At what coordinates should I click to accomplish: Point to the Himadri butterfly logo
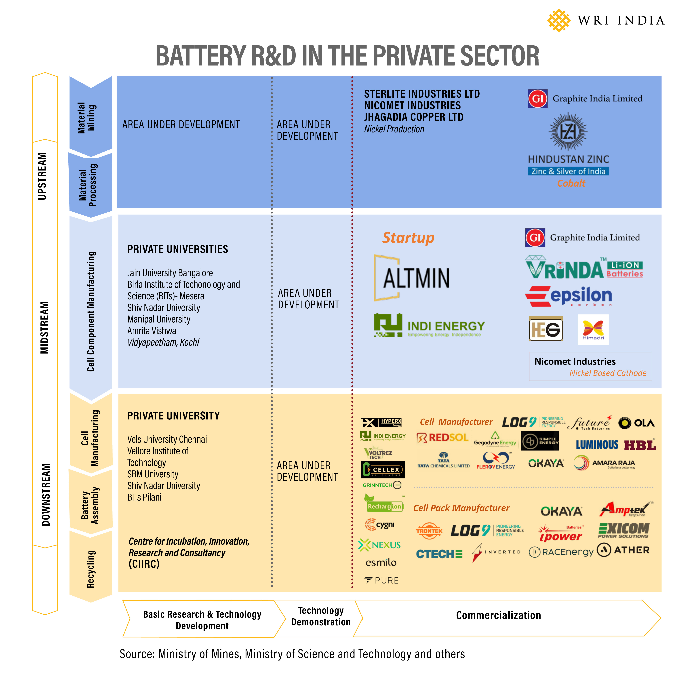(593, 330)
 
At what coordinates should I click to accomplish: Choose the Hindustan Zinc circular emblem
(568, 132)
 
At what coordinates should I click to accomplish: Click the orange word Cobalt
(571, 183)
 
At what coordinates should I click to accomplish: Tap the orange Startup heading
(408, 238)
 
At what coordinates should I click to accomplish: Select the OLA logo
(636, 423)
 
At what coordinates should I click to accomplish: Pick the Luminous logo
(597, 445)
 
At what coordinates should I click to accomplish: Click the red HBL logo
(640, 445)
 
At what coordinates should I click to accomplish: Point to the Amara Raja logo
(604, 463)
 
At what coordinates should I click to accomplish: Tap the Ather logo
(623, 550)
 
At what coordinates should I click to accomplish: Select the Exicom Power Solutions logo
(623, 530)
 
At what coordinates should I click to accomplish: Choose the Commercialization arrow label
(498, 615)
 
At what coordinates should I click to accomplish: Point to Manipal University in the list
(159, 319)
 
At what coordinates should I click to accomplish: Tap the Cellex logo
(383, 470)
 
